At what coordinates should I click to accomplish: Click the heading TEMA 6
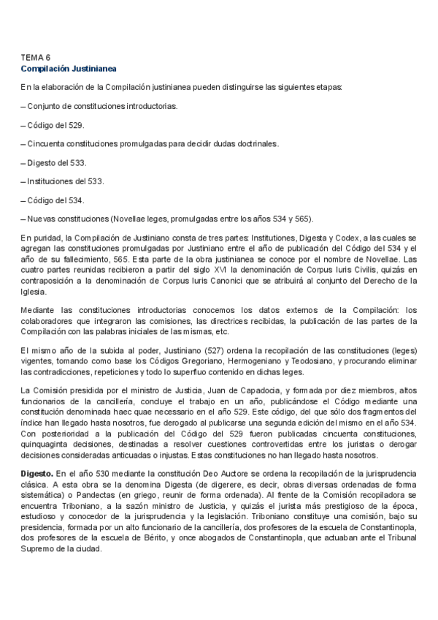pos(35,57)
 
